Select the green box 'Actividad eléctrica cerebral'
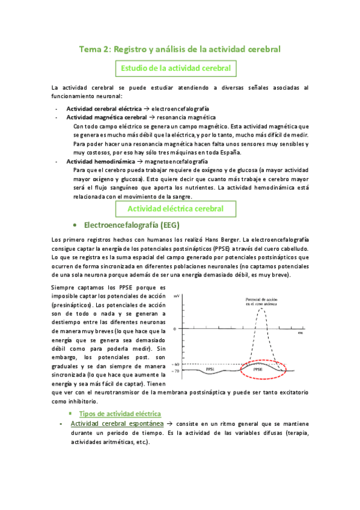tap(175, 208)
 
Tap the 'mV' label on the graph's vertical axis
tap(176, 296)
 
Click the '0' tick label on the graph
tap(174, 329)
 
